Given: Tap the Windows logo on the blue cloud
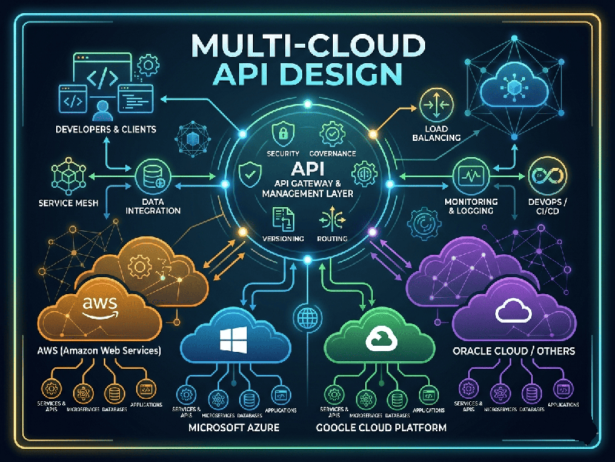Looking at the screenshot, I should click(236, 340).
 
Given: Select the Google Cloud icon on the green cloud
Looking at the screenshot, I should click(381, 340).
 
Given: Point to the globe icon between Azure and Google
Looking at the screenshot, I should click(307, 316).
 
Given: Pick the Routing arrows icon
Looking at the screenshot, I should click(332, 221).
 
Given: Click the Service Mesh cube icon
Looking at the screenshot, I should click(66, 177).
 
